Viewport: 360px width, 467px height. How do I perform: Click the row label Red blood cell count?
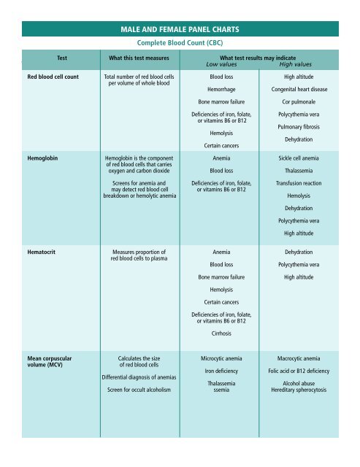[x=53, y=76]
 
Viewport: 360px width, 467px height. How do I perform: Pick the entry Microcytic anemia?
[x=221, y=359]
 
